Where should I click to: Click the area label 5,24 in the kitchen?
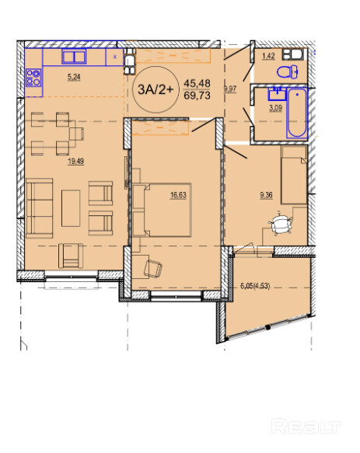pos(74,77)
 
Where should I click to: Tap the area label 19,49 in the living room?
pos(75,161)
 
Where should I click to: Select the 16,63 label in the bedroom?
pos(178,195)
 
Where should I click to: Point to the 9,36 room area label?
pos(266,195)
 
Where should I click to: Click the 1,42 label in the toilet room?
pos(268,56)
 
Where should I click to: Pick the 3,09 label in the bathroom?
pos(275,108)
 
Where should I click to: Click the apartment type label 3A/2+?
pos(156,89)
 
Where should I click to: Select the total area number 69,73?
pos(197,96)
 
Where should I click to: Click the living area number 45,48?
pos(197,83)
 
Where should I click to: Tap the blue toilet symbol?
pos(288,72)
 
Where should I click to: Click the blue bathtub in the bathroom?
pos(297,113)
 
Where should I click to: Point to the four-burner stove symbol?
pos(33,78)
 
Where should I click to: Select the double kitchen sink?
pos(74,57)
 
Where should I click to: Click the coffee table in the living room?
pos(71,208)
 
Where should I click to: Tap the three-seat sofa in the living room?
pos(40,208)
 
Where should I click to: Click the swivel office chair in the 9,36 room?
pos(280,223)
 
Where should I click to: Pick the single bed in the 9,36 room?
pos(294,176)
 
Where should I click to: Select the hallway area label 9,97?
pos(230,89)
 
